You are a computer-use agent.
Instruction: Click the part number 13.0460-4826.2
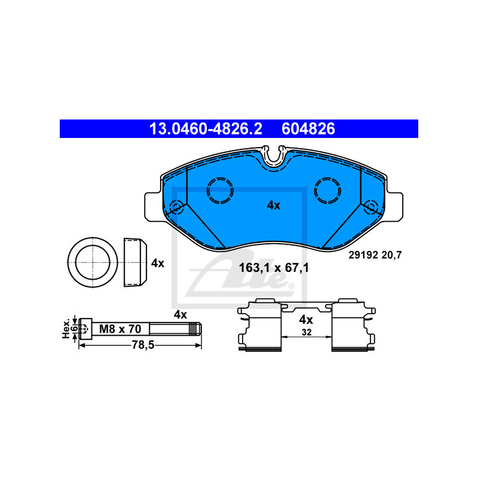click(206, 128)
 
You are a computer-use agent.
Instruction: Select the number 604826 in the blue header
click(308, 128)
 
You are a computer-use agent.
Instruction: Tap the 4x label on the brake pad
click(274, 206)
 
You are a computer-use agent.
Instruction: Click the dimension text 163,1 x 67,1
click(274, 268)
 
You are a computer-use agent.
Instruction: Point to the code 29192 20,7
click(375, 255)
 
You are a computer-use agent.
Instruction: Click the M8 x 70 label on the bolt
click(120, 329)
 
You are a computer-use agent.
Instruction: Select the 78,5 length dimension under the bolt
click(143, 345)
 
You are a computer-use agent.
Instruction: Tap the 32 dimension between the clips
click(307, 332)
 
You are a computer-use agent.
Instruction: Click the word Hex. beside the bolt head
click(66, 329)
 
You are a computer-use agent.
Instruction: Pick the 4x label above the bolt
click(180, 315)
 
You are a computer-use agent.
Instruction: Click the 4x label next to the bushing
click(158, 263)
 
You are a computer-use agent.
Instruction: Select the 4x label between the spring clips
click(306, 320)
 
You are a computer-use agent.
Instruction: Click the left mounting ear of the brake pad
click(152, 207)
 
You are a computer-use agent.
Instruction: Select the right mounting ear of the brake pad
click(395, 207)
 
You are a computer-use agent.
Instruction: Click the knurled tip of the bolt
click(195, 329)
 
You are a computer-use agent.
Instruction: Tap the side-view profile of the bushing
click(135, 262)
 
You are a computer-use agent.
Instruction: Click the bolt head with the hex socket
click(85, 329)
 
